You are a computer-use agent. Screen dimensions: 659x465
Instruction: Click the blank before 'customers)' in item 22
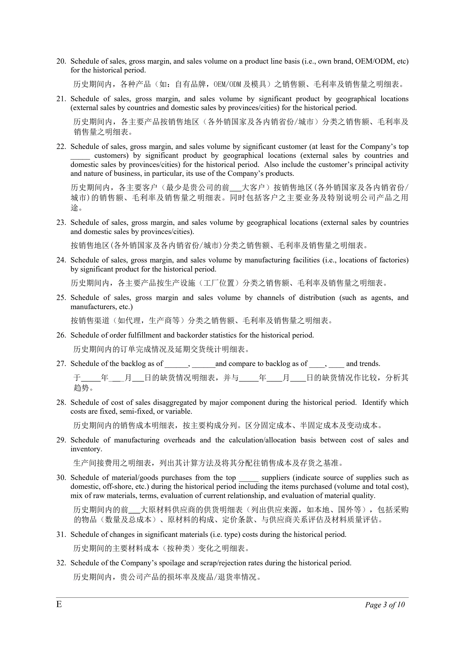80,157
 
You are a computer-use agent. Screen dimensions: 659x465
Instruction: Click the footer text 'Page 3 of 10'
385,605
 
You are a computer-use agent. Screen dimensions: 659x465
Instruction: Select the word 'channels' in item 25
270,298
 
